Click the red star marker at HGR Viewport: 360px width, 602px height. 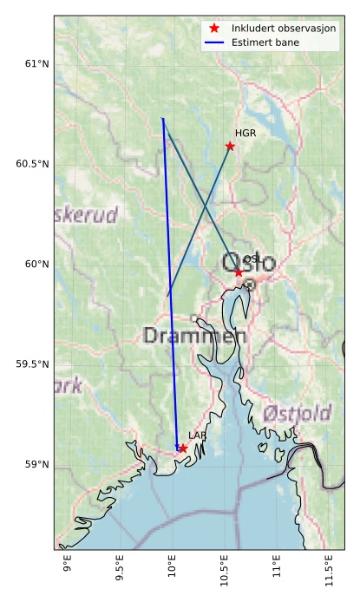coord(230,146)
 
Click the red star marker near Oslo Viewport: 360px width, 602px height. coord(239,272)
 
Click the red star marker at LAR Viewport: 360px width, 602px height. coord(183,448)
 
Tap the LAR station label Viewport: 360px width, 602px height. coord(197,435)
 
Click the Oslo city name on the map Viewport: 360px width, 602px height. coord(248,263)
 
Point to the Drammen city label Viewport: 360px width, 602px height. coord(194,336)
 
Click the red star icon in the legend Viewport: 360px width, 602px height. coord(214,29)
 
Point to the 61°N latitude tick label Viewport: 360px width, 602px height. coord(36,64)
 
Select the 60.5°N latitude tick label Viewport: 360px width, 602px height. coord(32,164)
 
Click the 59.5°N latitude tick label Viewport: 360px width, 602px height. coord(32,364)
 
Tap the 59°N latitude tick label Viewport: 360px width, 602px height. coord(36,465)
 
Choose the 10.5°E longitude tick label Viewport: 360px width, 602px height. coord(225,573)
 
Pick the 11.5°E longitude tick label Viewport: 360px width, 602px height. coord(329,573)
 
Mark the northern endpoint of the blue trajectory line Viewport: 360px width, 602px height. coord(162,118)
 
